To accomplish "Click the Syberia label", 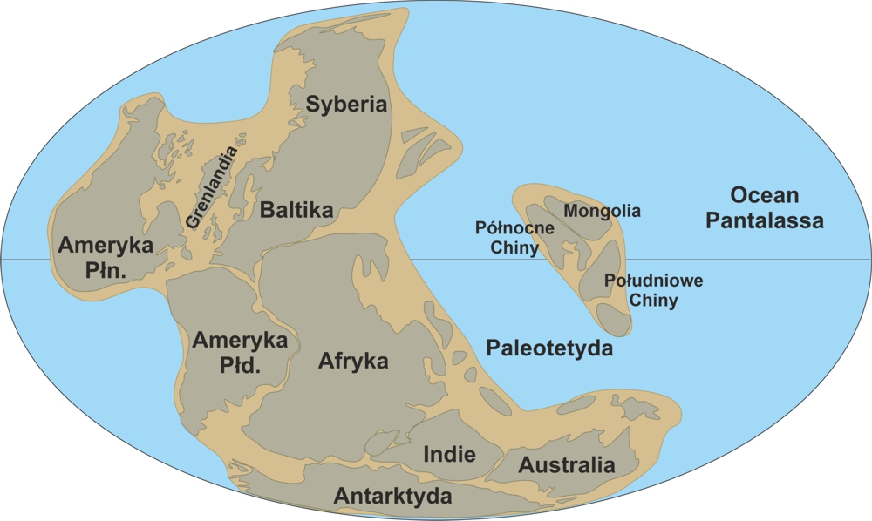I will tap(345, 105).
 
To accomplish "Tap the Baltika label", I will tap(296, 210).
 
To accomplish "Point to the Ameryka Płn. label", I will tap(106, 258).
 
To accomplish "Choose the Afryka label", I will tap(353, 360).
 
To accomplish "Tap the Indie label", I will tap(449, 454).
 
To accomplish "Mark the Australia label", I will tap(567, 465).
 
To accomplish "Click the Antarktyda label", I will tap(392, 497).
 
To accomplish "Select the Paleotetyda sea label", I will tap(548, 348).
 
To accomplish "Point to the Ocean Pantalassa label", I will tap(765, 207).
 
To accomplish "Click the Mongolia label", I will tap(602, 211).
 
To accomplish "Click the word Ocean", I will tap(765, 194).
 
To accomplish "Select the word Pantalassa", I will tap(765, 221).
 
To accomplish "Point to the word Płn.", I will tap(106, 271).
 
